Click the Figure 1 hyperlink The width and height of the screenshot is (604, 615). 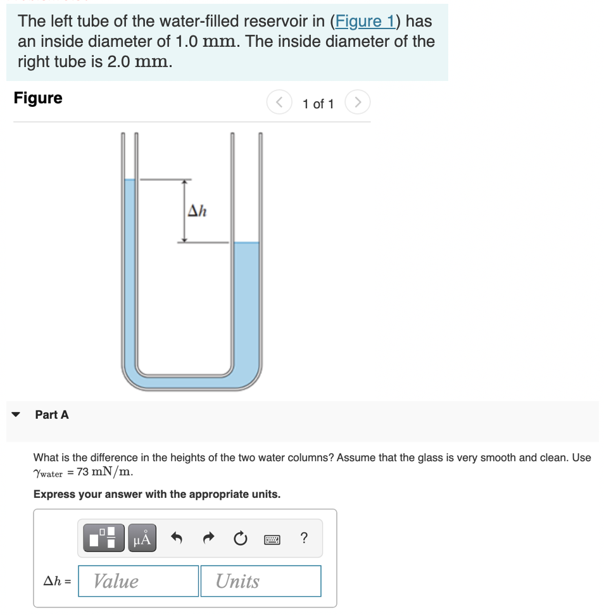coord(365,21)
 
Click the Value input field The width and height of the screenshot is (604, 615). coord(138,581)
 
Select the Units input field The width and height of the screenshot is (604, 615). coord(260,581)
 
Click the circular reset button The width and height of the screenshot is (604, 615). coord(239,538)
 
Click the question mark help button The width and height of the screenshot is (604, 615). coord(305,538)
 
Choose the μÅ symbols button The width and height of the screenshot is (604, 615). coord(141,538)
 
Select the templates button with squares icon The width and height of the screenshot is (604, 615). coord(103,538)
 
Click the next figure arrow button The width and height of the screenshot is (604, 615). coord(358,102)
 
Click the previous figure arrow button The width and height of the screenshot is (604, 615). coord(278,102)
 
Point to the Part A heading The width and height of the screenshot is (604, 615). coord(52,414)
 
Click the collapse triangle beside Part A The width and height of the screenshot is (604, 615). coord(16,415)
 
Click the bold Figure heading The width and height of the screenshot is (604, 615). coord(38,98)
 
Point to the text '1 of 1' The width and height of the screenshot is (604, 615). coord(318,103)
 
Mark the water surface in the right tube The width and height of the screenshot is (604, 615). coord(246,243)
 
